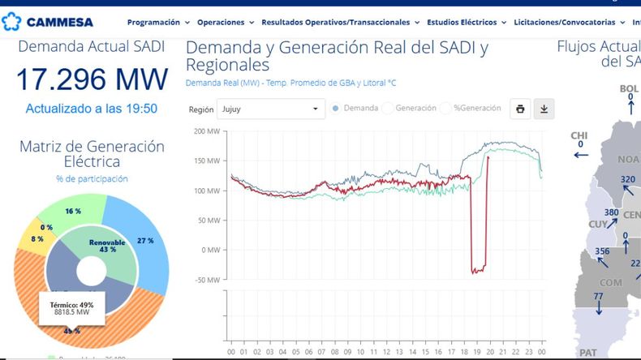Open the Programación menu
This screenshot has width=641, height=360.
coord(158,23)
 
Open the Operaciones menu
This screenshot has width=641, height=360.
coord(225,23)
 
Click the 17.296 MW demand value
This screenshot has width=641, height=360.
coord(92,79)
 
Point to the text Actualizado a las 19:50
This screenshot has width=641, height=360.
coord(92,108)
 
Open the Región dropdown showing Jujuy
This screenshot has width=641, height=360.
coord(271,109)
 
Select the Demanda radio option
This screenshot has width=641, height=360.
coord(336,108)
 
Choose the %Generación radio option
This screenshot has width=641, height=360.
coord(447,108)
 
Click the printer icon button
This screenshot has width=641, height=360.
coord(520,109)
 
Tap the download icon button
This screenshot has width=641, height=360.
coord(544,109)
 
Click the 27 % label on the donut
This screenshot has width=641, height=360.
coord(146,241)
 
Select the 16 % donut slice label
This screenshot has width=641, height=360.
coord(73,211)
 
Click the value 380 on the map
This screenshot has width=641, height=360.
coord(612,213)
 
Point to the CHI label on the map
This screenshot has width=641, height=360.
coord(579,135)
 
